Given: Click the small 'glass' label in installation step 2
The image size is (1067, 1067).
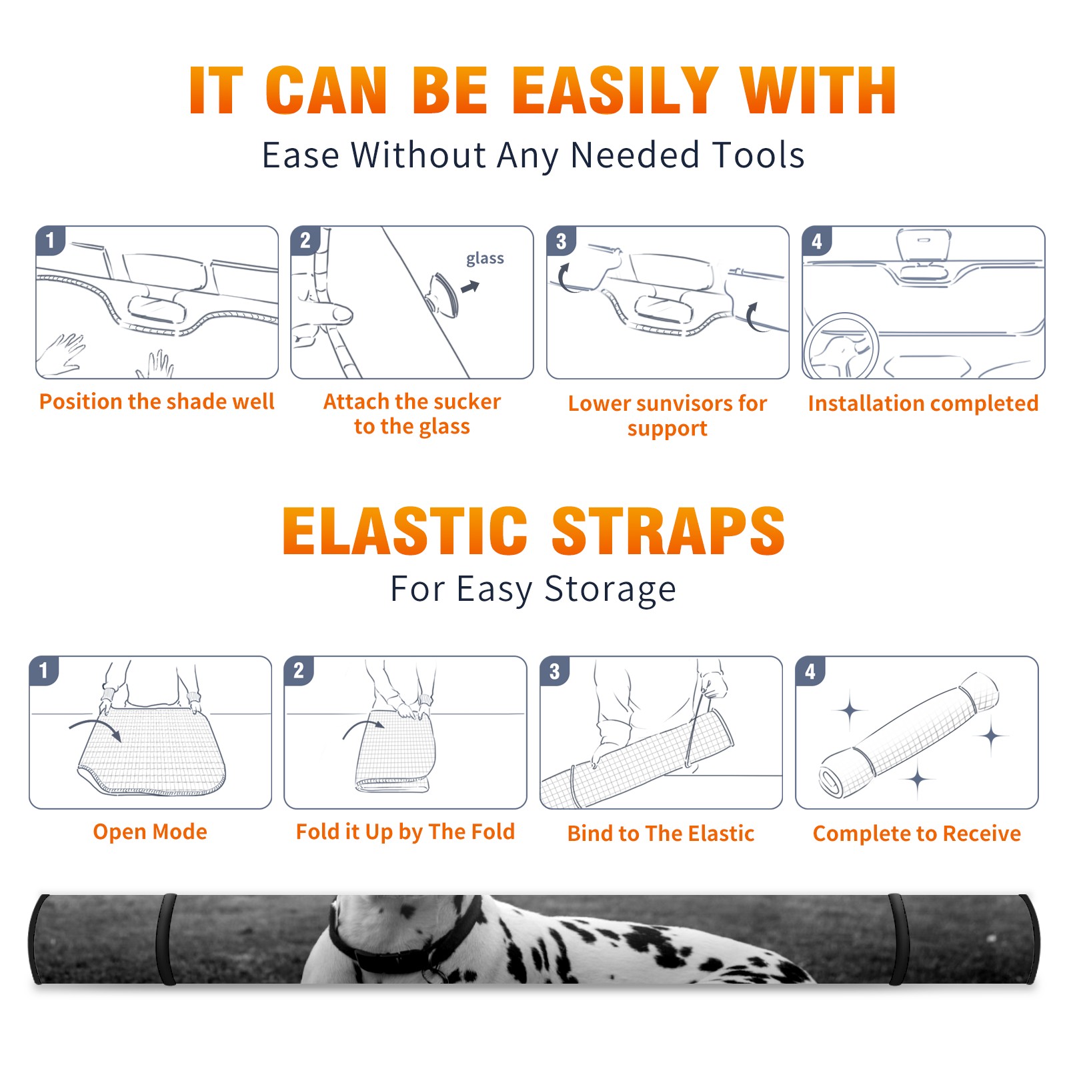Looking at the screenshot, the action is tap(485, 259).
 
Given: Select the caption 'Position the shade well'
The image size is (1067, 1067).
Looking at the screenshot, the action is tap(157, 401).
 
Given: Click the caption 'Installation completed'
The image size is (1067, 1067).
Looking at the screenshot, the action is tap(923, 403).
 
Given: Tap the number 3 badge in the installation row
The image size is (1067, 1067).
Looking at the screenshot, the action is tap(561, 241).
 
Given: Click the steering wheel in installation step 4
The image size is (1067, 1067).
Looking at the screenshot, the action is tap(841, 347).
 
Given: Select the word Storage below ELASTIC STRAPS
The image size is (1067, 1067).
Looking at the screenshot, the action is tap(610, 590).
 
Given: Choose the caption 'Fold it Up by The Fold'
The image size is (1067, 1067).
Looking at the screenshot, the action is tap(405, 832).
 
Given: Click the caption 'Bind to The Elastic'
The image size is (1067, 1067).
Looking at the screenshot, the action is tap(661, 834).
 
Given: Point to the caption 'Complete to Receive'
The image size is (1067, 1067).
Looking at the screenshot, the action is tap(917, 834).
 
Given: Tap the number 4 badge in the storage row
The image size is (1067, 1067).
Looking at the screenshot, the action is tap(810, 671).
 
